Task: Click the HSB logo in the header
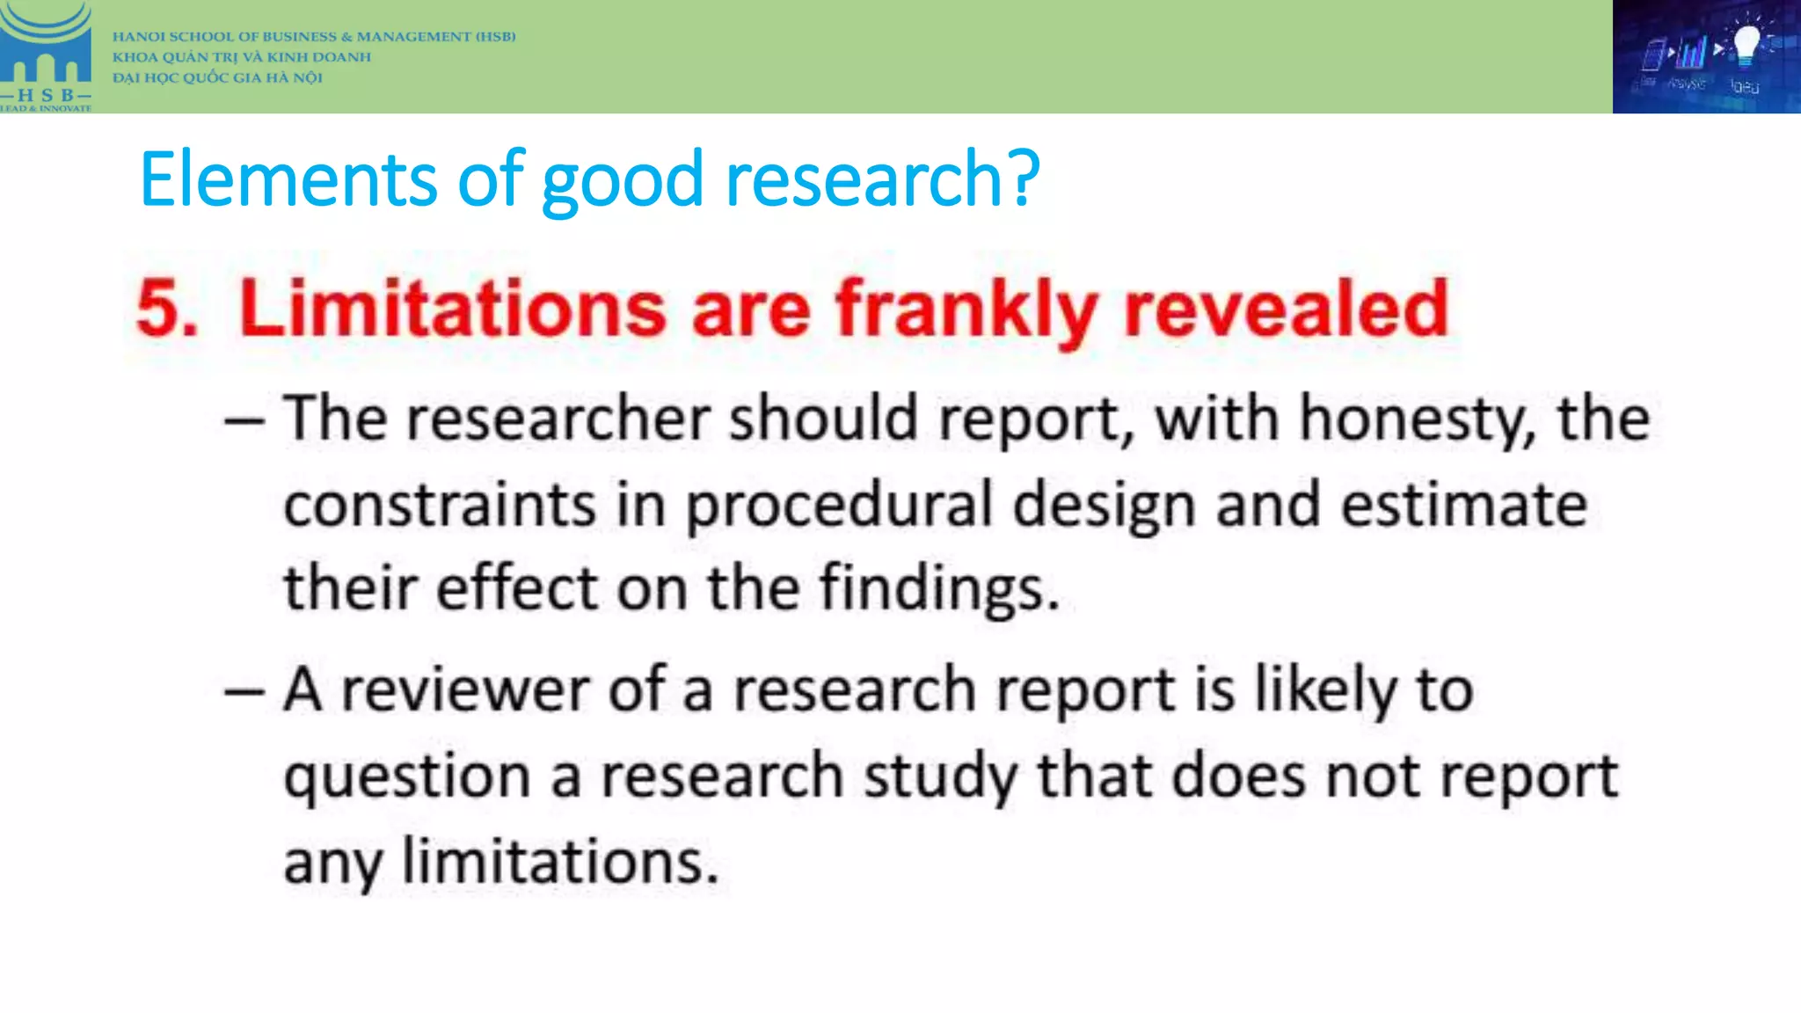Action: coord(46,56)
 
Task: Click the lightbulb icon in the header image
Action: coord(1746,44)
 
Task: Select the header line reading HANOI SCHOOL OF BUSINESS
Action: coord(314,37)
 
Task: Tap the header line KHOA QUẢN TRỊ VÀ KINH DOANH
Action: coord(242,57)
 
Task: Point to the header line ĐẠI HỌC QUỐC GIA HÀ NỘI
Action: coord(217,77)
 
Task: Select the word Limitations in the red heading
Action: coord(452,309)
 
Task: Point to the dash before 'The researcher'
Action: coord(244,420)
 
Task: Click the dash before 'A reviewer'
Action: coord(244,692)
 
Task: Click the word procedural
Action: coord(839,506)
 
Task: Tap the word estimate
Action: coord(1464,505)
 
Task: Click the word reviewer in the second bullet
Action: coord(465,690)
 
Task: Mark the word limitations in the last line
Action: coord(560,862)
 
